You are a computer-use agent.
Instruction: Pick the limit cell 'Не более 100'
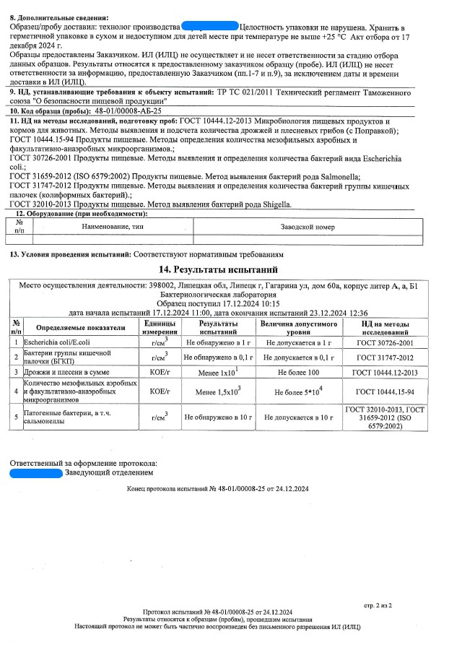pos(297,372)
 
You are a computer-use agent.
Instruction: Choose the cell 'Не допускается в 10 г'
pos(297,417)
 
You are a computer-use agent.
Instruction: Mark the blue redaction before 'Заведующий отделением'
pos(35,472)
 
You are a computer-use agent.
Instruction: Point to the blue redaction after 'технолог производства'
pos(209,26)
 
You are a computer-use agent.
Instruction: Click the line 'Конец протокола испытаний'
pos(217,489)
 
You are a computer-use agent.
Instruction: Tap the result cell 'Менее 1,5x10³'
pos(218,391)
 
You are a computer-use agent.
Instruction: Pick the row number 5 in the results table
pos(15,417)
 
